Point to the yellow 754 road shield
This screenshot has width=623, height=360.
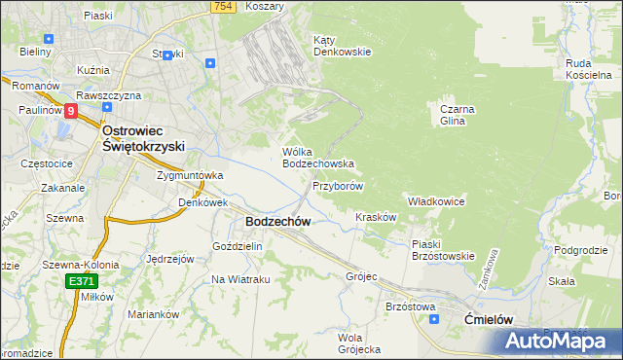(224, 6)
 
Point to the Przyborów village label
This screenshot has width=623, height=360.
(338, 185)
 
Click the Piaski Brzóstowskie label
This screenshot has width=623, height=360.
(442, 249)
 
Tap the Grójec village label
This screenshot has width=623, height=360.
(360, 276)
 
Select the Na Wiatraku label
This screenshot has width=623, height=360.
(240, 279)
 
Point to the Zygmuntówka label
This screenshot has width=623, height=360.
(191, 176)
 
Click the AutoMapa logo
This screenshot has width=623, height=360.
(563, 342)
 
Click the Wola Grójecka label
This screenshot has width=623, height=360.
(358, 343)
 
